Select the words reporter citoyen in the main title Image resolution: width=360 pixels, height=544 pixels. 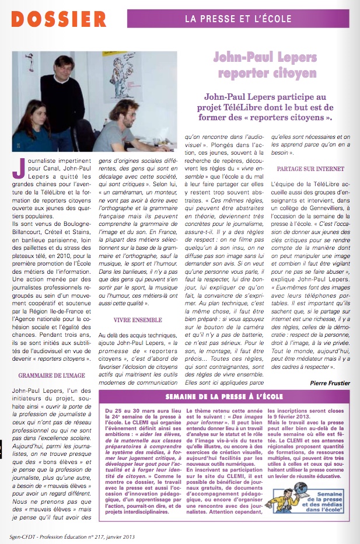point(265,74)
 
